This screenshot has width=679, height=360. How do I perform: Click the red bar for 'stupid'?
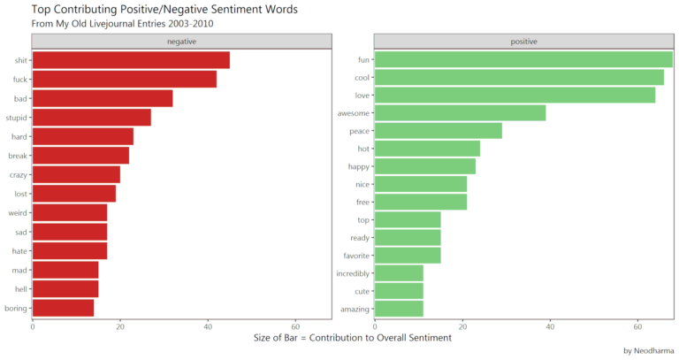point(92,118)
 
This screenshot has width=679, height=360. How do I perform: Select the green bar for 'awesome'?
point(460,113)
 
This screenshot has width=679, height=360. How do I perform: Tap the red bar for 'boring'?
point(63,308)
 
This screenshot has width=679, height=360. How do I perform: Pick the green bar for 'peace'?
point(438,131)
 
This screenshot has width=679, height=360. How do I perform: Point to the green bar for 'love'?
point(515,96)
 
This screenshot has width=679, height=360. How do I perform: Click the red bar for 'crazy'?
point(76,174)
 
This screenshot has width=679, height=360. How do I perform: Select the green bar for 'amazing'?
point(399,309)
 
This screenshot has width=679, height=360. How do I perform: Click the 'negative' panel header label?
point(181,42)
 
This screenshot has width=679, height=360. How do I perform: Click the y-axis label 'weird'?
point(17,213)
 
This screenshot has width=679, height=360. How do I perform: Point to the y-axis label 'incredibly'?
point(354,273)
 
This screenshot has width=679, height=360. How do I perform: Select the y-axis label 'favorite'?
point(356,256)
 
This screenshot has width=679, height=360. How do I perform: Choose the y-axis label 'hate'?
point(19,251)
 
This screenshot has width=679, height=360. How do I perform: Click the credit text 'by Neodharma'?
point(648,350)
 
